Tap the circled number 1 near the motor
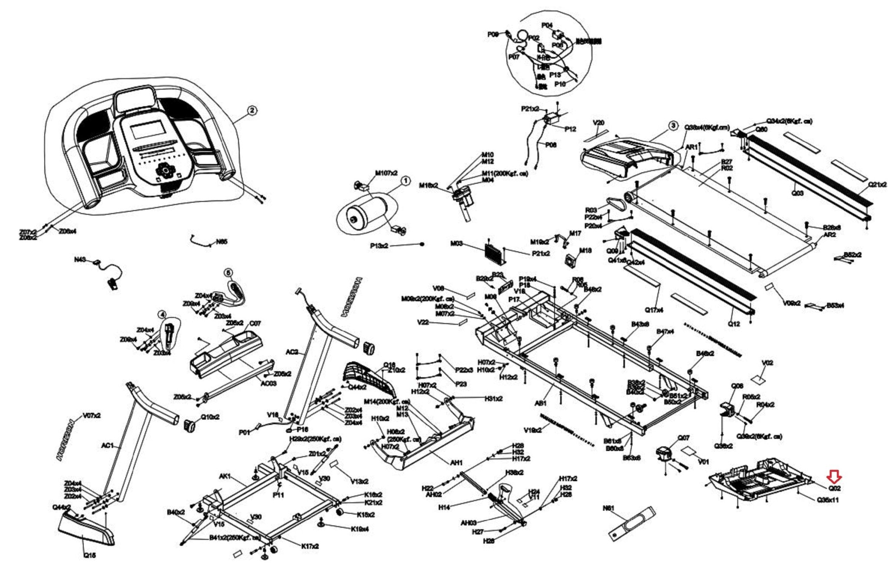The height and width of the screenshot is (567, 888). [405, 181]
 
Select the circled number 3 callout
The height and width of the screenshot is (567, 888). [673, 126]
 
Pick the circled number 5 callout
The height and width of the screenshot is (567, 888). [229, 272]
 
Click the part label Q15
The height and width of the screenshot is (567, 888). [90, 555]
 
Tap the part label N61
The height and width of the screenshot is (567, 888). [609, 508]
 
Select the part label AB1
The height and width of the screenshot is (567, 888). [540, 403]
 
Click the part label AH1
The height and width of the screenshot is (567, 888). [456, 463]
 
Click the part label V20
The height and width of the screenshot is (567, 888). [598, 123]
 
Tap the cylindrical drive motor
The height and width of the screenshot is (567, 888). [366, 213]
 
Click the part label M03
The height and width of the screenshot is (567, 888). [457, 244]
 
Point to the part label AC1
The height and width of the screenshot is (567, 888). [107, 446]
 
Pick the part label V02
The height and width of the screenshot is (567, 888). [767, 363]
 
